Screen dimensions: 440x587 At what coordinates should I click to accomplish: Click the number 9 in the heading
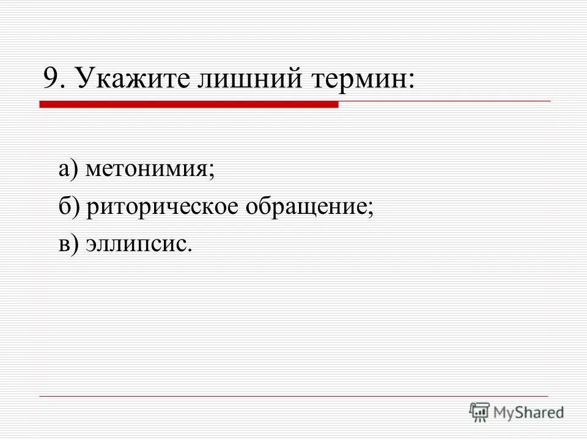pyautogui.click(x=51, y=79)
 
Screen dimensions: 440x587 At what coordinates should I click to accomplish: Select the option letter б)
pyautogui.click(x=67, y=207)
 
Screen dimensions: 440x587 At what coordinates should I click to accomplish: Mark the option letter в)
pyautogui.click(x=67, y=244)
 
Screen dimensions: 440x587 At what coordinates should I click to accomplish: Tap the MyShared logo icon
pyautogui.click(x=479, y=412)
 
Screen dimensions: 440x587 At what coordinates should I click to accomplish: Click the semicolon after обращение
pyautogui.click(x=371, y=209)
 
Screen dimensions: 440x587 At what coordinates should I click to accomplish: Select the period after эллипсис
pyautogui.click(x=190, y=249)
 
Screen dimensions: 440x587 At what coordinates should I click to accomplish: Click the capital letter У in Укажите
pyautogui.click(x=86, y=79)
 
